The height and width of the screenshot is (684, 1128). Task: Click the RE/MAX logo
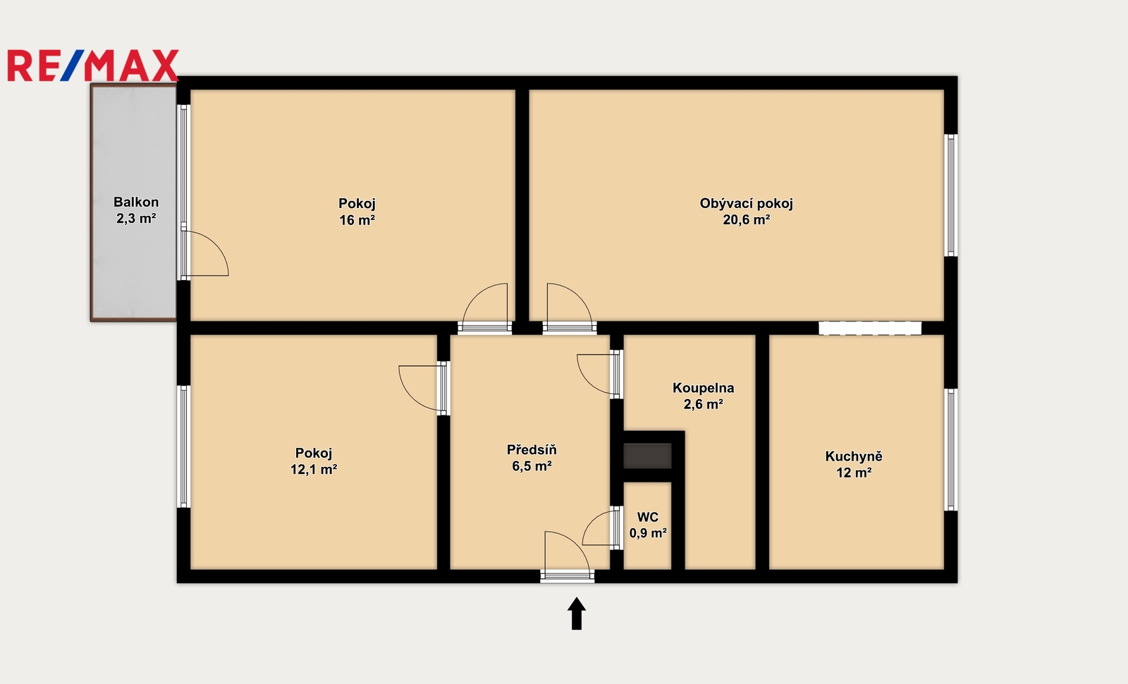click(x=93, y=66)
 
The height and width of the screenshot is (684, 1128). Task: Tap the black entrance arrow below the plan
click(x=577, y=613)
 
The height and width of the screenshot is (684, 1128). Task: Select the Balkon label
click(x=136, y=202)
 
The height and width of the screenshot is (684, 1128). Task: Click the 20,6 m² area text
click(x=747, y=219)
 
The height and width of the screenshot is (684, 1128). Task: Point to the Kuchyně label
click(x=854, y=456)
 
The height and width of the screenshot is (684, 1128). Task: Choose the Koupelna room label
click(x=703, y=388)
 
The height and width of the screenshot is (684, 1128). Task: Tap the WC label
click(x=648, y=517)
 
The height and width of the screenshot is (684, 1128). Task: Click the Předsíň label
click(x=532, y=449)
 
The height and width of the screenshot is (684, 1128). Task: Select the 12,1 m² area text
click(x=313, y=470)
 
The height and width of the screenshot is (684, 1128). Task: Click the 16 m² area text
click(x=357, y=220)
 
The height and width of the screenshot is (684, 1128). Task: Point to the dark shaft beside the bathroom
click(x=647, y=456)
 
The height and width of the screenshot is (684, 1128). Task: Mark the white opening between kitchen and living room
click(x=870, y=328)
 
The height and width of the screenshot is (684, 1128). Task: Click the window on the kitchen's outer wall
click(x=950, y=449)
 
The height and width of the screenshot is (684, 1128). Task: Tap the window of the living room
click(x=950, y=195)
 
